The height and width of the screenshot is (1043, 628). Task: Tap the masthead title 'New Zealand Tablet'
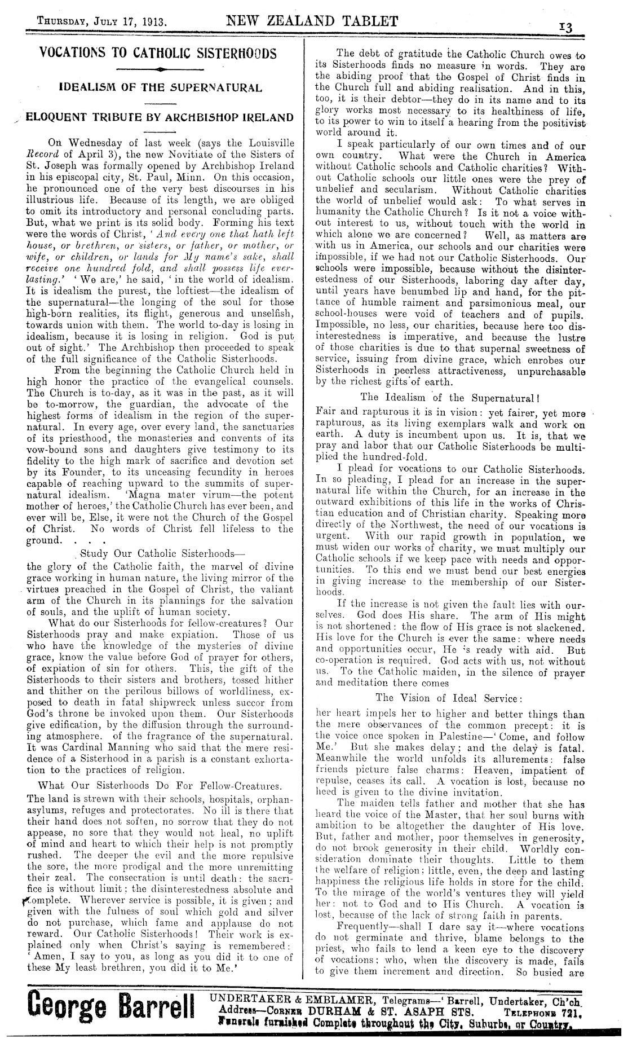(312, 21)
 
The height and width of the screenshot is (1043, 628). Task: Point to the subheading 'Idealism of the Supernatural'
(161, 88)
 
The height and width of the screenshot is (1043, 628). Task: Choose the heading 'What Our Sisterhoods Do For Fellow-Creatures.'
(160, 785)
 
